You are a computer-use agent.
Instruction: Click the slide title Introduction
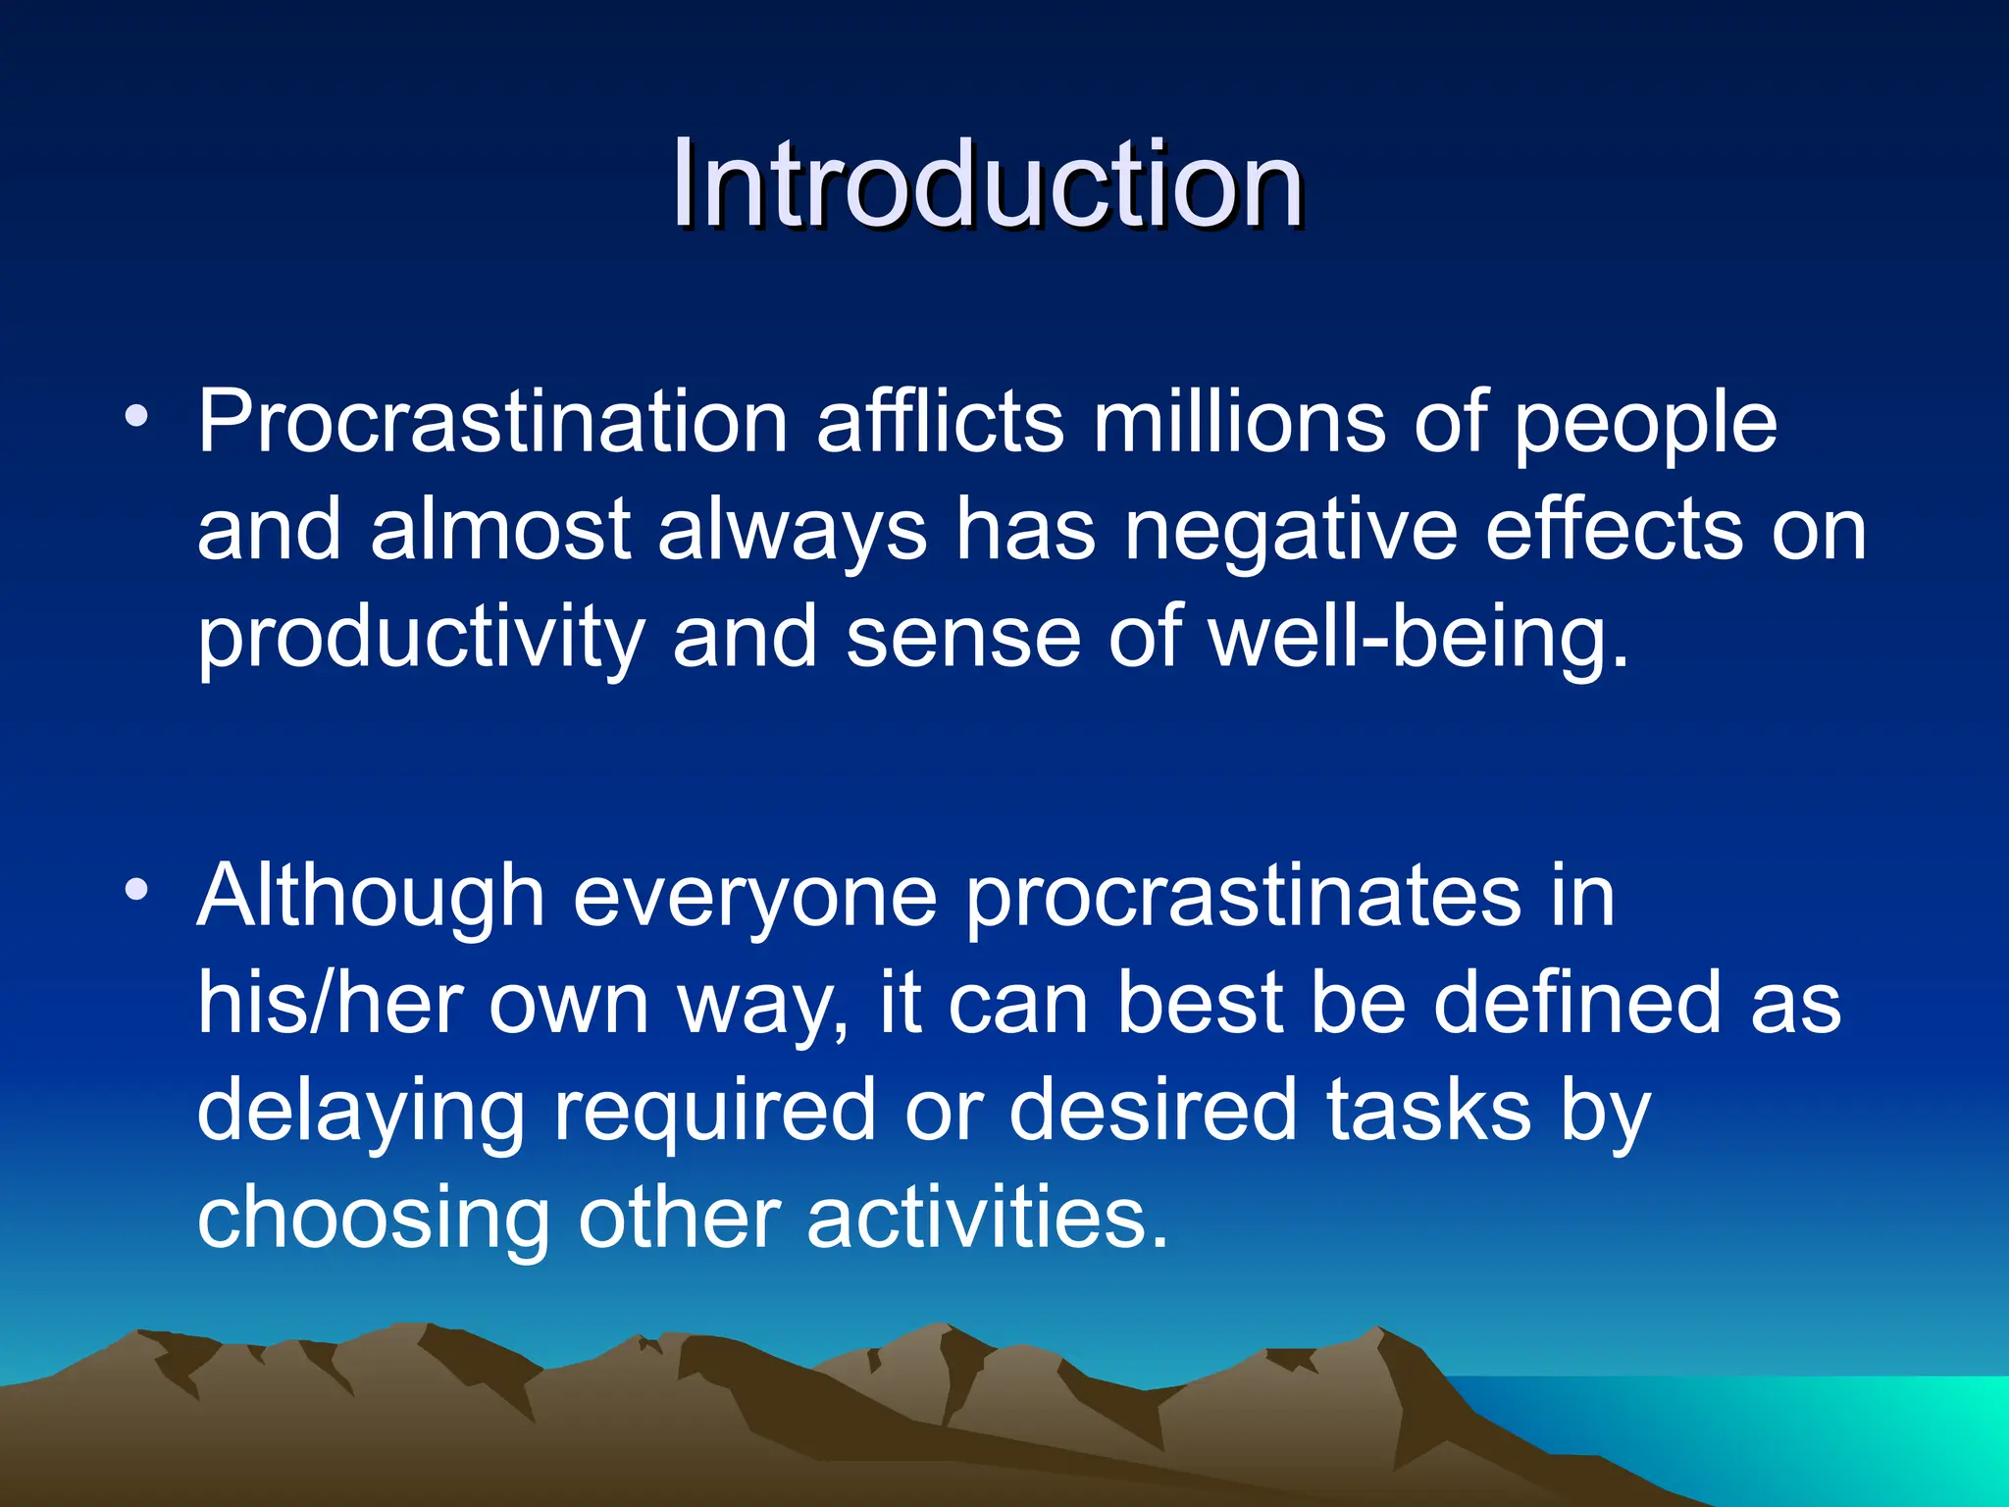click(x=987, y=184)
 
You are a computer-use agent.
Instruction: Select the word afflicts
click(x=940, y=422)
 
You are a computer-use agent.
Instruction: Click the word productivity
click(x=420, y=638)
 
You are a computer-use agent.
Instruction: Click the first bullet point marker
click(x=136, y=417)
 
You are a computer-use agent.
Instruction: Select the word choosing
click(x=373, y=1218)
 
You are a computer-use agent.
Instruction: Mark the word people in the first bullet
click(x=1644, y=422)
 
